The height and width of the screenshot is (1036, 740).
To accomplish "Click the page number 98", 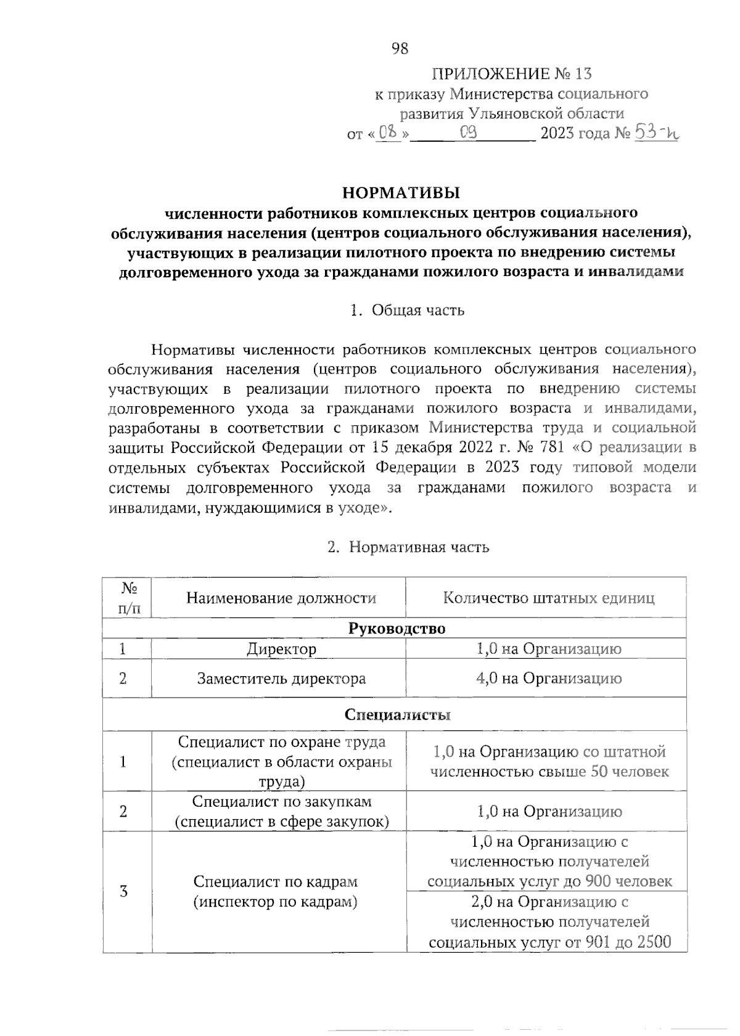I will point(400,49).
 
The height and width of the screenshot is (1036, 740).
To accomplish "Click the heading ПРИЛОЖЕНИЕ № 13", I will point(511,75).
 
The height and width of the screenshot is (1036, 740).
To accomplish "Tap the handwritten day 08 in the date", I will point(387,132).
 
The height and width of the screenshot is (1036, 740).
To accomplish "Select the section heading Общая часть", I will point(417,310).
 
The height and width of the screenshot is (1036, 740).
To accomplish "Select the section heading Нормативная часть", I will point(419,547).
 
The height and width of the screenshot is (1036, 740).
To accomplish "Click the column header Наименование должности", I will point(281,598).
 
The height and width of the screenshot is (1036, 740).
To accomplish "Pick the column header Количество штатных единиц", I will point(548,598).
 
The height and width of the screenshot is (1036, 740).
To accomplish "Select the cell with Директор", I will point(281,649).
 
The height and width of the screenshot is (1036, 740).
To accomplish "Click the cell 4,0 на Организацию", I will point(548,679).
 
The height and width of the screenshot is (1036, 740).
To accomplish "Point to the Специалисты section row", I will point(397,715).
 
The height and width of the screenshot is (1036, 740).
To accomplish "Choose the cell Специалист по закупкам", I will point(281,812).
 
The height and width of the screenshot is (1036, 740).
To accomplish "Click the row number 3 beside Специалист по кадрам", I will point(124,891).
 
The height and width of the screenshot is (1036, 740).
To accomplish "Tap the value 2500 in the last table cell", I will point(652,942).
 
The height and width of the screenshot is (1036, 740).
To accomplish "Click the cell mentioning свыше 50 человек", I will point(549,762).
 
